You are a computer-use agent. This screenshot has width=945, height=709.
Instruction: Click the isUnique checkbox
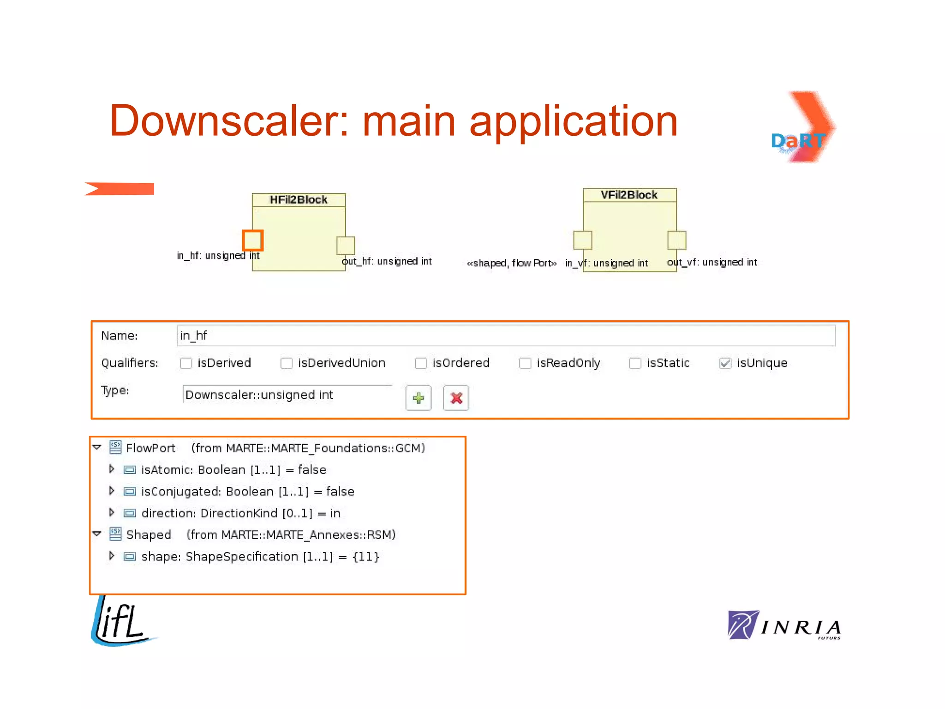pyautogui.click(x=725, y=363)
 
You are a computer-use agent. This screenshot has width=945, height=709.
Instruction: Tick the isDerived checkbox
pyautogui.click(x=186, y=363)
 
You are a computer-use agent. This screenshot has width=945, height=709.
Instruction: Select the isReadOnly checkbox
pyautogui.click(x=525, y=363)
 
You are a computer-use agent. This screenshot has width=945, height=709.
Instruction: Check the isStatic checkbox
pyautogui.click(x=635, y=363)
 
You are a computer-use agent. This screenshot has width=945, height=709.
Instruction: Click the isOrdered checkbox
pyautogui.click(x=421, y=363)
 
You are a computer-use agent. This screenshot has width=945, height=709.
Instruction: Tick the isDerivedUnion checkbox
pyautogui.click(x=287, y=363)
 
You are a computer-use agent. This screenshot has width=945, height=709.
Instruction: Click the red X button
pyautogui.click(x=456, y=398)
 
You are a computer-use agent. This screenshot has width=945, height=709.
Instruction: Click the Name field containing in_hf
pyautogui.click(x=506, y=336)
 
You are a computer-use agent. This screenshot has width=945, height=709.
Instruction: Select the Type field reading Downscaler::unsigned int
pyautogui.click(x=287, y=395)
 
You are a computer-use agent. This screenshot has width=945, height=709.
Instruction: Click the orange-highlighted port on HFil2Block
pyautogui.click(x=253, y=240)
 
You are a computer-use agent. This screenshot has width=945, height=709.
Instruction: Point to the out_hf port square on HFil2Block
pyautogui.click(x=346, y=246)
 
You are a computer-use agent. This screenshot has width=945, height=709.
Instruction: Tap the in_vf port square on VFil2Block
pyautogui.click(x=583, y=240)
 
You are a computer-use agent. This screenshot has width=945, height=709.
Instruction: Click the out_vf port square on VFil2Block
pyautogui.click(x=677, y=240)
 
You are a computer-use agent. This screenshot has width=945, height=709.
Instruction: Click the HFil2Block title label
pyautogui.click(x=299, y=200)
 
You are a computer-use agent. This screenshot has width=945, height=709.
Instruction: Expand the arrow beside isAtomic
pyautogui.click(x=112, y=469)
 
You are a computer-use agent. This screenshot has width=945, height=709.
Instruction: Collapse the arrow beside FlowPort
pyautogui.click(x=97, y=447)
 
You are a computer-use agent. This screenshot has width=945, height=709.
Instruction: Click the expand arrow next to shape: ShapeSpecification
pyautogui.click(x=112, y=556)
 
